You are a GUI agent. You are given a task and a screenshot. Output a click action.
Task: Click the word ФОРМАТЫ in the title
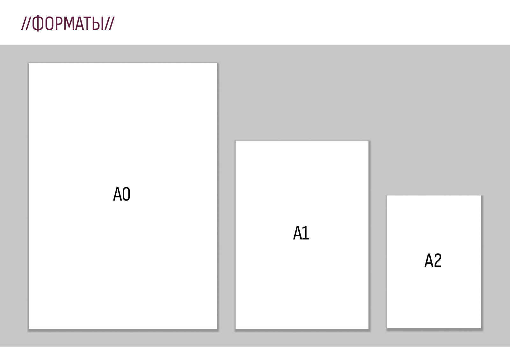(68, 23)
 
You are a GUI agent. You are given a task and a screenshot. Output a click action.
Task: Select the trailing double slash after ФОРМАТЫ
(109, 23)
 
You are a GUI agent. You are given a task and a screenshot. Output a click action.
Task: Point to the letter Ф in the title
(37, 23)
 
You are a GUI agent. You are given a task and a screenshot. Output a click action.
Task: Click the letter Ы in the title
(98, 23)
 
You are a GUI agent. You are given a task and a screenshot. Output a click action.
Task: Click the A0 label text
(122, 194)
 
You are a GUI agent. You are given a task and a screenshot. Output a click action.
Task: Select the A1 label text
(301, 233)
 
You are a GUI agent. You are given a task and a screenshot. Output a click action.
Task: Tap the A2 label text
(433, 261)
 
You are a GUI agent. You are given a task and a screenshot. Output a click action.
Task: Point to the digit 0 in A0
(126, 194)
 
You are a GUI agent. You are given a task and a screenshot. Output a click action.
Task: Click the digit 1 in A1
(306, 233)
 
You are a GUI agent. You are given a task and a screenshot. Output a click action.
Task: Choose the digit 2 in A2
(438, 261)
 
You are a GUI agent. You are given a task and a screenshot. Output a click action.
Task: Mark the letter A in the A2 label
(428, 261)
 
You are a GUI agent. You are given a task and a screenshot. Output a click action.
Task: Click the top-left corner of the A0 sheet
(29, 63)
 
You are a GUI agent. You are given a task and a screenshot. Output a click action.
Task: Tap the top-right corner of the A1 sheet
(368, 141)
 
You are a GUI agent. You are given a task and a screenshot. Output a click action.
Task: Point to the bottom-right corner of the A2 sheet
(481, 328)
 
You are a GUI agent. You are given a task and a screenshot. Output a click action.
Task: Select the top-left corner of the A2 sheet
(387, 196)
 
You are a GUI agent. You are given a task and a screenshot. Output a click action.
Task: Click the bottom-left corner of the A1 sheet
(236, 328)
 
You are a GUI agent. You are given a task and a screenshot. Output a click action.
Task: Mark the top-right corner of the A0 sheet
(216, 63)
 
